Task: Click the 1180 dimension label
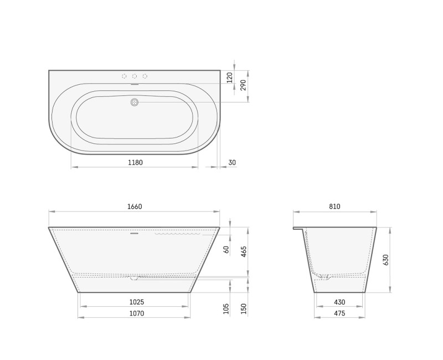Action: click(135, 162)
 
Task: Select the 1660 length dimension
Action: click(135, 207)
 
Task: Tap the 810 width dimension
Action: click(334, 207)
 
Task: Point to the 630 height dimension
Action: click(386, 259)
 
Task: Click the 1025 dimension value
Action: click(136, 302)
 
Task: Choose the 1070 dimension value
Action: click(136, 313)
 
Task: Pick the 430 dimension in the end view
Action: click(339, 302)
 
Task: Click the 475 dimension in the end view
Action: click(339, 313)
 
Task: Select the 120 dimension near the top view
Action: click(229, 77)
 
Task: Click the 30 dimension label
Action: click(232, 162)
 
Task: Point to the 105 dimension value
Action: click(226, 308)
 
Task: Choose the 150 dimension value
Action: click(244, 308)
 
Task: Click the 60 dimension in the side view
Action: click(226, 249)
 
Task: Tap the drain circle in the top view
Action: click(134, 102)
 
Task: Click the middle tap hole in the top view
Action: click(135, 76)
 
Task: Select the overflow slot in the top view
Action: click(134, 85)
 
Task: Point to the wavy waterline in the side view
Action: click(177, 234)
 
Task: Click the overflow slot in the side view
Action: click(133, 233)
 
